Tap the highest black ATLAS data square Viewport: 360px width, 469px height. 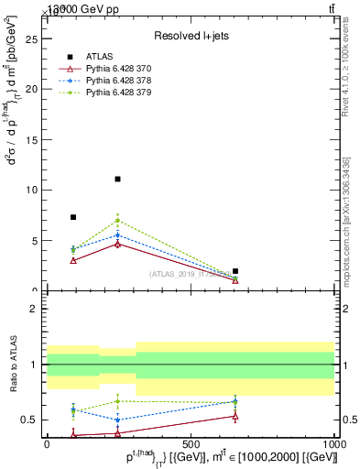[x=118, y=179]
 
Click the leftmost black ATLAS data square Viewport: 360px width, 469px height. [x=73, y=217]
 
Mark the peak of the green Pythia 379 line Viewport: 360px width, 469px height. [x=118, y=220]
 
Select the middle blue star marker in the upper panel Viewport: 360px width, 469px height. [x=118, y=235]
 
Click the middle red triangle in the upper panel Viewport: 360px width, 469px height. [x=118, y=244]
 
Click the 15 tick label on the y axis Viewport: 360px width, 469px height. [x=33, y=140]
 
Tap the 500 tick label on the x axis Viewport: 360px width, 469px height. [x=191, y=442]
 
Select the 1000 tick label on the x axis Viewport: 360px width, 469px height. [x=333, y=442]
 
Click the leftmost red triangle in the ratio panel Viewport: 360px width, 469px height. [x=73, y=435]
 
